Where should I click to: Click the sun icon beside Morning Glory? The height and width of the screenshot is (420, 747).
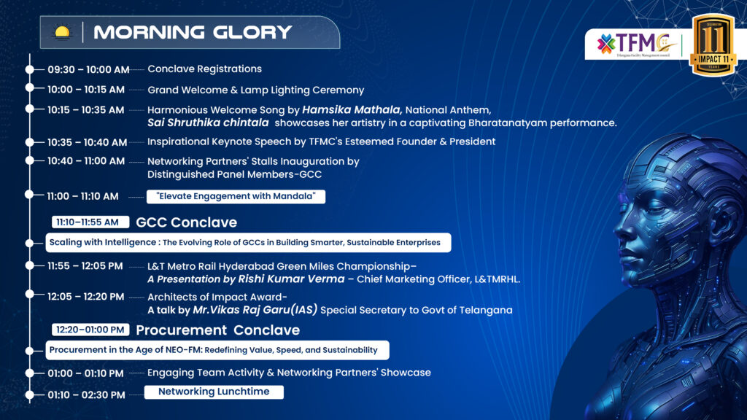(x=63, y=32)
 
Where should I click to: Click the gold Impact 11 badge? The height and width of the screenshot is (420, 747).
(x=713, y=44)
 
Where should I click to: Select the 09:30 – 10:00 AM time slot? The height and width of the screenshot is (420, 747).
(x=88, y=69)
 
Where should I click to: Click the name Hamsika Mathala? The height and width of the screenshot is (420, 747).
(x=352, y=110)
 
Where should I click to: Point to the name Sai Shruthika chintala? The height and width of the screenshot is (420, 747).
(x=208, y=122)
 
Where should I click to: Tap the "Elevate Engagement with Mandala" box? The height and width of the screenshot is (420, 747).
(x=236, y=196)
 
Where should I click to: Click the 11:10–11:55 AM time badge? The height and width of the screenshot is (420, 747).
(x=90, y=222)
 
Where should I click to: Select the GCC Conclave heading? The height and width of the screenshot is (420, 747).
(x=186, y=222)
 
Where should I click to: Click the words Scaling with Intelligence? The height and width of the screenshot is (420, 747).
(x=102, y=242)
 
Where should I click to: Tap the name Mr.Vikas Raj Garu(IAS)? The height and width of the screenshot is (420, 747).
(x=255, y=310)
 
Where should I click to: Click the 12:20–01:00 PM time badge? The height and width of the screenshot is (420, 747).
(x=90, y=330)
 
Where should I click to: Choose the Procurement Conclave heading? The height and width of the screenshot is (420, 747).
(x=217, y=330)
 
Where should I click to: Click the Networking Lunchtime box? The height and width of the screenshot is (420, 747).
(x=214, y=392)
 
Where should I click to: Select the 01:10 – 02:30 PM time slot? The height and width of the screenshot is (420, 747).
(x=86, y=394)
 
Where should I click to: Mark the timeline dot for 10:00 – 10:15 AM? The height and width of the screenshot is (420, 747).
(x=29, y=88)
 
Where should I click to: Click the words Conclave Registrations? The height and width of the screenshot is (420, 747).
(x=204, y=69)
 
